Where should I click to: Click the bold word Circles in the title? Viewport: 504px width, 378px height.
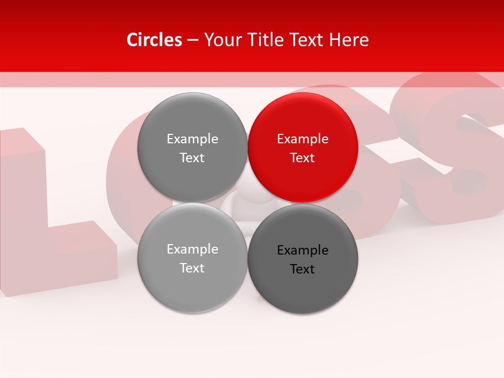coord(154,40)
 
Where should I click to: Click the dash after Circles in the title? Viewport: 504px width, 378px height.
coord(193,40)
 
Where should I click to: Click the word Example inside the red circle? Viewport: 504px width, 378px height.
coord(303,139)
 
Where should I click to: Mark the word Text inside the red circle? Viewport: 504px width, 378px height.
coord(303,158)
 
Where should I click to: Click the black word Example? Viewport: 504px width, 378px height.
coord(303,250)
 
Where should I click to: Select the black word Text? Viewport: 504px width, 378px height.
coord(303,269)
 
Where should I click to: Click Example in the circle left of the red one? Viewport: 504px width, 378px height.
coord(192,139)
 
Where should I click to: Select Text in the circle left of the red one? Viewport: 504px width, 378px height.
coord(192,158)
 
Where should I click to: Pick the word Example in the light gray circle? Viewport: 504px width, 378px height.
coord(192,249)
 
